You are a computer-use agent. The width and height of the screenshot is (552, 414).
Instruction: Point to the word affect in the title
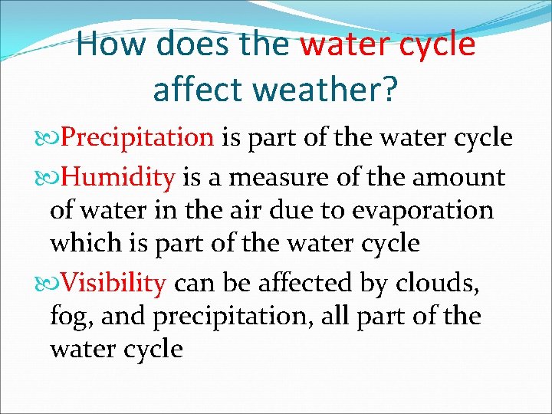point(199,89)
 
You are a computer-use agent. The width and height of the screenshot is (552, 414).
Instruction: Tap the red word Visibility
point(113,284)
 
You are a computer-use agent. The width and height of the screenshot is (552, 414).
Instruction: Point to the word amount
point(459,178)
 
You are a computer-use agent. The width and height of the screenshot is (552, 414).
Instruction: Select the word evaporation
point(426,210)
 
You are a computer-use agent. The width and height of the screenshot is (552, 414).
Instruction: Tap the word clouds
point(438,284)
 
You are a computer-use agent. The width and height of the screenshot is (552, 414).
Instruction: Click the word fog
point(67,317)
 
